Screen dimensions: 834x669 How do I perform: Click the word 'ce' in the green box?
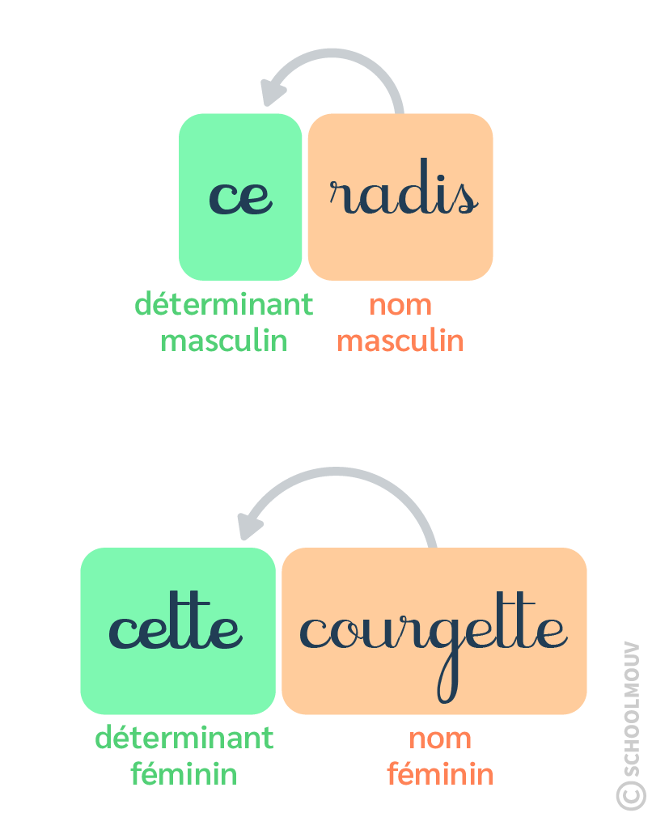pyautogui.click(x=240, y=197)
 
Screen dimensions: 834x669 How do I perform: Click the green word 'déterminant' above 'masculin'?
pyautogui.click(x=223, y=305)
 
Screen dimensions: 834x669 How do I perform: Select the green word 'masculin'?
pyautogui.click(x=224, y=341)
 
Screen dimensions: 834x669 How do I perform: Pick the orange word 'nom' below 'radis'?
pyautogui.click(x=400, y=306)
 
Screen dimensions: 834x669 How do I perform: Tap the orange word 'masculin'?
pyautogui.click(x=400, y=341)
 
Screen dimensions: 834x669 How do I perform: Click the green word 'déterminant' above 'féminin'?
pyautogui.click(x=184, y=738)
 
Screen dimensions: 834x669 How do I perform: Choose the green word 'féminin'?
pyautogui.click(x=184, y=774)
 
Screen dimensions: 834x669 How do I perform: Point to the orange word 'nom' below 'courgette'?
pyautogui.click(x=439, y=739)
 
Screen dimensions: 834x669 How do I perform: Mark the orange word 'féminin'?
pyautogui.click(x=439, y=774)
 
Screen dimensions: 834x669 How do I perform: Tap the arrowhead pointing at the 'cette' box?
pyautogui.click(x=252, y=524)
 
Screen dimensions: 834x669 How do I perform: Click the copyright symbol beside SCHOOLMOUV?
pyautogui.click(x=631, y=794)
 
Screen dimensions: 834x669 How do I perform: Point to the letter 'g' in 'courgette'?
pyautogui.click(x=447, y=647)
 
